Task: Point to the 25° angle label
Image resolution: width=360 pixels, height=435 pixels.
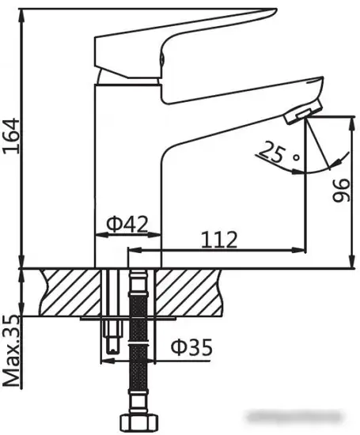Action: click(x=275, y=155)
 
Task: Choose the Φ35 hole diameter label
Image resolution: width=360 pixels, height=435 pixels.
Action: click(x=191, y=347)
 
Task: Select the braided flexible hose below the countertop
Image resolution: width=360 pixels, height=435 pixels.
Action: click(x=138, y=348)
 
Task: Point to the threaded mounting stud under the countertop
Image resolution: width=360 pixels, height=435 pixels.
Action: click(x=108, y=336)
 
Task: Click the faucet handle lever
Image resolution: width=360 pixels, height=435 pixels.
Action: click(x=182, y=32)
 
